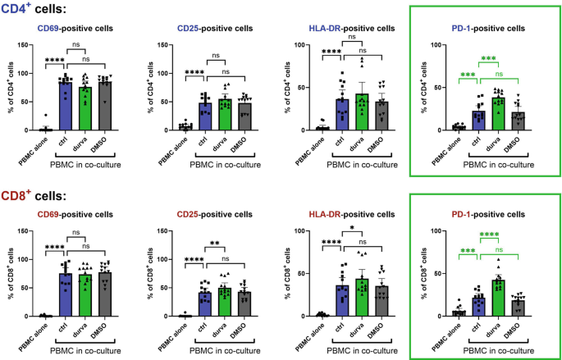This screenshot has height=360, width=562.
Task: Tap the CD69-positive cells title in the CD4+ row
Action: (80, 27)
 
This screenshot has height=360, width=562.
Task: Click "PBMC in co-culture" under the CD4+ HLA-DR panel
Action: (362, 164)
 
